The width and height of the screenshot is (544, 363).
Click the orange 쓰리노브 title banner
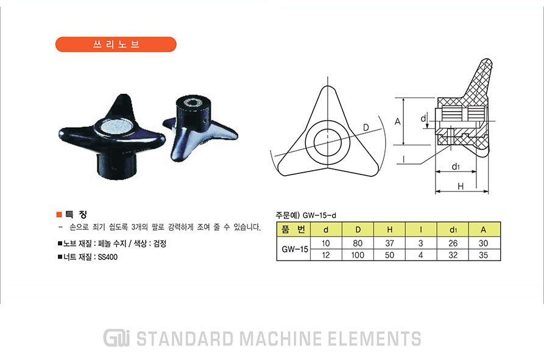tap(116, 45)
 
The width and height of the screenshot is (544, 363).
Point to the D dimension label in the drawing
tap(366, 128)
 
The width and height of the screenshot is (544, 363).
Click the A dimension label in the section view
tap(398, 121)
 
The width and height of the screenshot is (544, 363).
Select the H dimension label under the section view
tap(461, 187)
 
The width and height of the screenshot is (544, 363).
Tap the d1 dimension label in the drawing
tap(456, 167)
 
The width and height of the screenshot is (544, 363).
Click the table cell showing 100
tap(358, 255)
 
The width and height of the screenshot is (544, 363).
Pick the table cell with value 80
tap(358, 243)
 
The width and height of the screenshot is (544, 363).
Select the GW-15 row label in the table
tap(295, 249)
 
